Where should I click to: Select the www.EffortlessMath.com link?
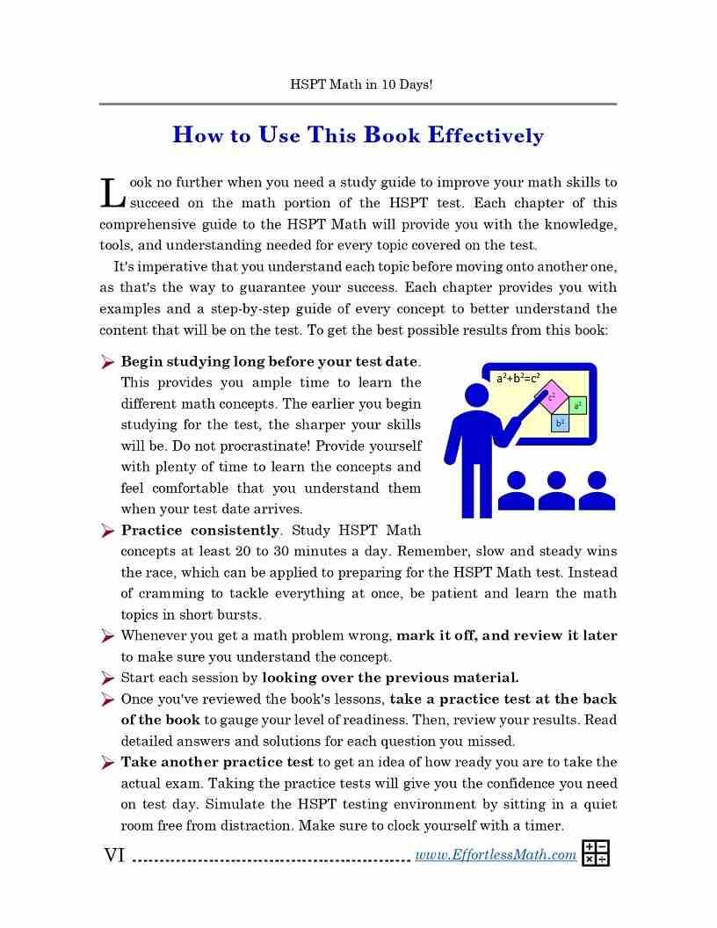pos(495,854)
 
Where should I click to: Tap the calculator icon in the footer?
pos(595,852)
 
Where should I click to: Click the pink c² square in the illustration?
pos(552,397)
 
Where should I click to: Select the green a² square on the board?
pos(577,405)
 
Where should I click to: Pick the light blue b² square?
pos(560,423)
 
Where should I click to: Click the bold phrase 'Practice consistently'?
pos(200,530)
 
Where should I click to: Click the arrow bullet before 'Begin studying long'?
pos(107,362)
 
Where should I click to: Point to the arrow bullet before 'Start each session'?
pos(107,678)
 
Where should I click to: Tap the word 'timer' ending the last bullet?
pos(543,825)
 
